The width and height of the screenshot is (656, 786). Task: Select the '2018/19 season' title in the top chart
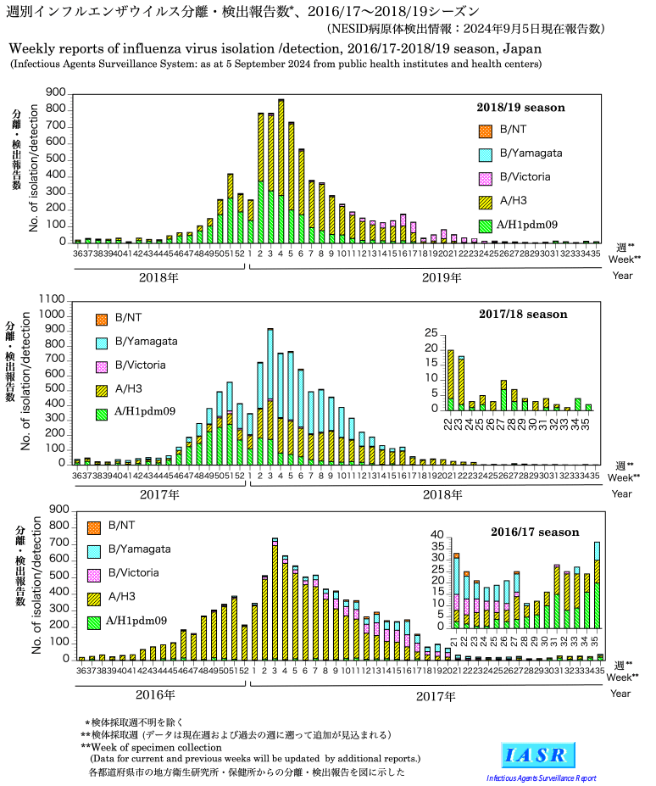[x=519, y=108]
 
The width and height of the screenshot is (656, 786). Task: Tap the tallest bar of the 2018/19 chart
[x=281, y=170]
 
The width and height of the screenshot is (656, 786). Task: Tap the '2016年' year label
[x=156, y=694]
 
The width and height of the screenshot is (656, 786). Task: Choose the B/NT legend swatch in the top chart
[x=485, y=131]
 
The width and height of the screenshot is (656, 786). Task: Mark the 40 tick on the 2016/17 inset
[x=437, y=535]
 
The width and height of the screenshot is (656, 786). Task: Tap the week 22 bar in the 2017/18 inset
[x=451, y=380]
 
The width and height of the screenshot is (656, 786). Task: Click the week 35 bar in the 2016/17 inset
[x=597, y=585]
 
